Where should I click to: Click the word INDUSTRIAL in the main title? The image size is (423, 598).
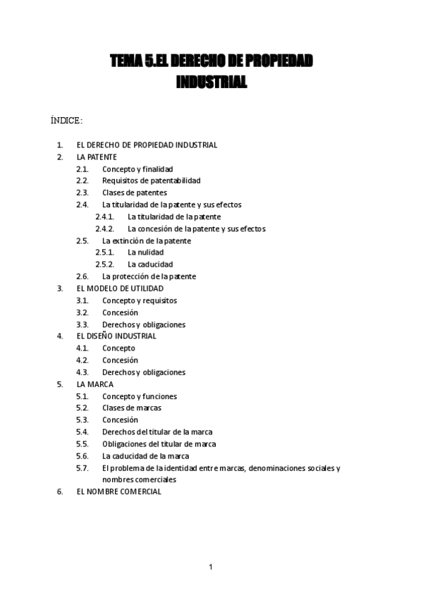[211, 83]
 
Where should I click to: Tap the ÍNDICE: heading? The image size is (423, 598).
[67, 121]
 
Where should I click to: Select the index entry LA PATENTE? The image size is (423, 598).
[97, 157]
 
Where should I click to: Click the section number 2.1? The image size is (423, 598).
[82, 169]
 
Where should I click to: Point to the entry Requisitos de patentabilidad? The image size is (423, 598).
[151, 181]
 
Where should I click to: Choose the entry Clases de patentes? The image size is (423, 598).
[135, 193]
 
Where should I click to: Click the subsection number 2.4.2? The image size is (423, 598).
[104, 228]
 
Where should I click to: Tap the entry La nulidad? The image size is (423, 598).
[145, 252]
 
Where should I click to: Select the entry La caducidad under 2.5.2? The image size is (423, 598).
[150, 264]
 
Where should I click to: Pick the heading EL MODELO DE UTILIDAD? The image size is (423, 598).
[120, 288]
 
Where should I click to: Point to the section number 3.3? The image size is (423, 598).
[82, 324]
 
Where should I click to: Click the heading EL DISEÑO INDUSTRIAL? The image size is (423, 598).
[116, 336]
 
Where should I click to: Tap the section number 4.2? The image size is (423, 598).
[82, 360]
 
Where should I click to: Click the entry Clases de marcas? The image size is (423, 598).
[132, 408]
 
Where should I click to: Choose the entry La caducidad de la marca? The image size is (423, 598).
[145, 456]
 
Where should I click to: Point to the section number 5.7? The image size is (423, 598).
[82, 468]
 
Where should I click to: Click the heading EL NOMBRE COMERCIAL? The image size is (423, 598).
[118, 492]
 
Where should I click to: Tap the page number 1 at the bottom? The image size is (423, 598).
[211, 567]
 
